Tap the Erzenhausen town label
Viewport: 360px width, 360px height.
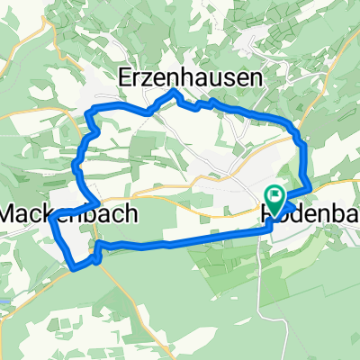[x=191, y=79]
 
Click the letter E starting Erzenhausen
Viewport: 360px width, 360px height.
[x=126, y=79]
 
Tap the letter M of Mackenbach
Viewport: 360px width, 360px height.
[x=12, y=214]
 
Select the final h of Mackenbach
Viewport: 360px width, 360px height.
[x=131, y=214]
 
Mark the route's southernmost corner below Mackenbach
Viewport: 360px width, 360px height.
[x=74, y=265]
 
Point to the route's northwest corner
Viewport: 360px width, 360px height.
[x=90, y=111]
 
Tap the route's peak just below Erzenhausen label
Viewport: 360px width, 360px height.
[x=173, y=93]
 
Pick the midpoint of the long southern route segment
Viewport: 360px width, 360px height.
[x=180, y=241]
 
